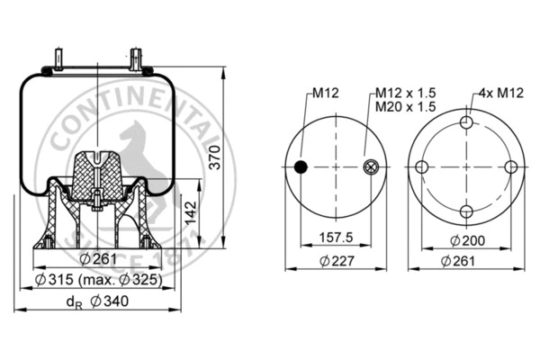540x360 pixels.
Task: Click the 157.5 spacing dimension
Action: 335,239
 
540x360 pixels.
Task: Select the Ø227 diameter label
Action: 335,260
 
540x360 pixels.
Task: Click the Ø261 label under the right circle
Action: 465,260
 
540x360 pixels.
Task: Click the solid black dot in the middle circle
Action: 301,166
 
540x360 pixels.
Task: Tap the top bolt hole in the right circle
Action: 466,123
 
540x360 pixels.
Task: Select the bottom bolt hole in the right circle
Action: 466,211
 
